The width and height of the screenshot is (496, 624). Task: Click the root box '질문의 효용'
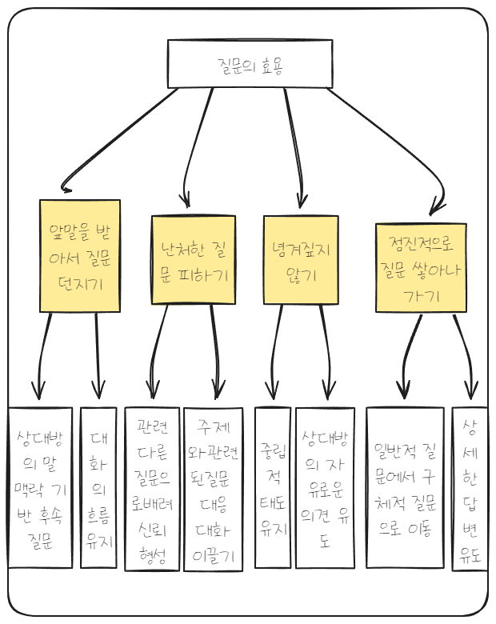pyautogui.click(x=250, y=63)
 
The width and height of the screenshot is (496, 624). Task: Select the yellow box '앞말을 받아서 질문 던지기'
pyautogui.click(x=80, y=255)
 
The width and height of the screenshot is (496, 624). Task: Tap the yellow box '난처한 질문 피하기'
pyautogui.click(x=194, y=259)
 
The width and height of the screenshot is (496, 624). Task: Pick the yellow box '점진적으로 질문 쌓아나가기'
pyautogui.click(x=421, y=267)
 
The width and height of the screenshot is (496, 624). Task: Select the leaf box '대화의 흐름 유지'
pyautogui.click(x=98, y=487)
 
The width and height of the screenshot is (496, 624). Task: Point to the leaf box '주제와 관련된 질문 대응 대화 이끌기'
pyautogui.click(x=213, y=489)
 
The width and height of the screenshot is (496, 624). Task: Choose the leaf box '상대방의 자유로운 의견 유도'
pyautogui.click(x=325, y=487)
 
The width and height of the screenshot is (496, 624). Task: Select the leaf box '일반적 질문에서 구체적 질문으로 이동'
pyautogui.click(x=404, y=487)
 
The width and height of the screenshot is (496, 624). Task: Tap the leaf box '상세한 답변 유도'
pyautogui.click(x=470, y=488)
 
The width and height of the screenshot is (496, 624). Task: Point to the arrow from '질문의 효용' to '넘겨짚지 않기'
pyautogui.click(x=294, y=144)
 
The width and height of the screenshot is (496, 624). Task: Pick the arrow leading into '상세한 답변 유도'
pyautogui.click(x=464, y=352)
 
